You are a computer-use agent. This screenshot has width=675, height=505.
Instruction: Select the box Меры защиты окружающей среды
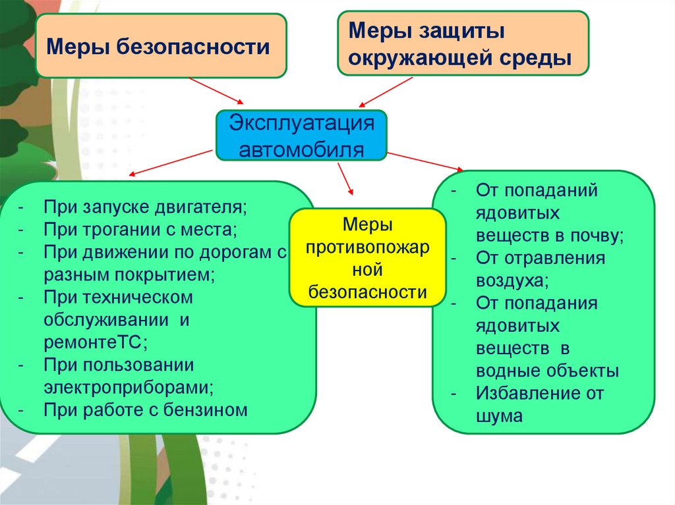tap(463, 43)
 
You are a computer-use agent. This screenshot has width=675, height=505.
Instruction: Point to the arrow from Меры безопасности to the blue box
tap(216, 90)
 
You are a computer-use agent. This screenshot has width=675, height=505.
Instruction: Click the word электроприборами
tap(130, 387)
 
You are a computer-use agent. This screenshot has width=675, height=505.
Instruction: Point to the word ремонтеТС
tap(96, 342)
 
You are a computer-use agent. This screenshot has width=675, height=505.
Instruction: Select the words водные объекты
tap(546, 370)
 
